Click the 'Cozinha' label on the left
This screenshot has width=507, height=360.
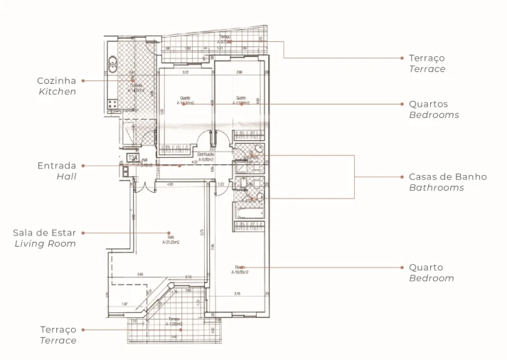pyautogui.click(x=56, y=80)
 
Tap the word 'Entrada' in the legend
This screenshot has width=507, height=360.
pyautogui.click(x=56, y=165)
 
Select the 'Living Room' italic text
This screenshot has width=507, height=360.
pyautogui.click(x=46, y=243)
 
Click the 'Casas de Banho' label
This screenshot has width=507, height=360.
pyautogui.click(x=447, y=176)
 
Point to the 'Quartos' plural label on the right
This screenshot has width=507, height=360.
pyautogui.click(x=428, y=103)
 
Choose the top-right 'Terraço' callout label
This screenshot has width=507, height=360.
pyautogui.click(x=427, y=58)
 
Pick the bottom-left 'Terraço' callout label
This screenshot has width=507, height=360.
pyautogui.click(x=58, y=329)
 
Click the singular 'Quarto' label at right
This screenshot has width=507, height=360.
pyautogui.click(x=425, y=268)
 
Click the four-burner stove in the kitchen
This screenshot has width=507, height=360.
pyautogui.click(x=112, y=104)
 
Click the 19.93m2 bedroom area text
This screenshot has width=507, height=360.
pyautogui.click(x=239, y=270)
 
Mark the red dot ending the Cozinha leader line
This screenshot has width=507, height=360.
pyautogui.click(x=84, y=80)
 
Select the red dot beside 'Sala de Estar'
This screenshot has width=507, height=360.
pyautogui.click(x=84, y=233)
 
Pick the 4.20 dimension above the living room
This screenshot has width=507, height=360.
pyautogui.click(x=170, y=184)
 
